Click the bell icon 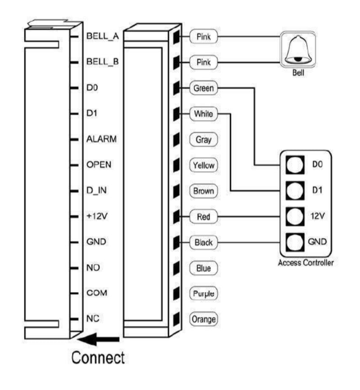297,49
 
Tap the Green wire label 203,88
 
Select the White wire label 203,114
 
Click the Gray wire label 203,140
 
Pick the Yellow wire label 203,165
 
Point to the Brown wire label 203,191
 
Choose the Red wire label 203,217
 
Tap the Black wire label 203,242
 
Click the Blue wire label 203,268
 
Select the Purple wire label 203,294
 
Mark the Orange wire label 203,319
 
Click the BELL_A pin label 102,36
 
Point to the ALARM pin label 101,139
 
